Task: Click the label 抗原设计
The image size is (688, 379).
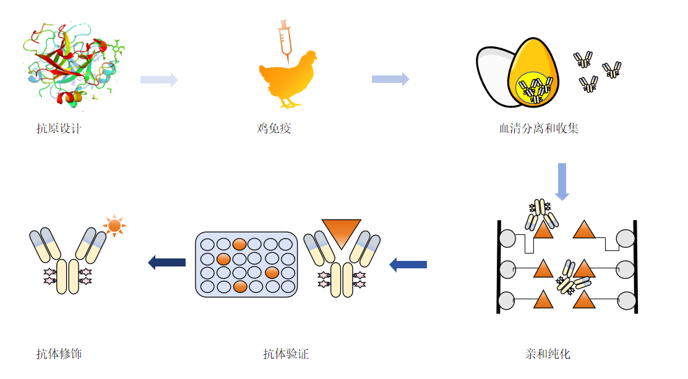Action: pyautogui.click(x=59, y=129)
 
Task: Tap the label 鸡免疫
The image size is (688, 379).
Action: pyautogui.click(x=273, y=129)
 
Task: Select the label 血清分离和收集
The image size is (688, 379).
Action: pyautogui.click(x=538, y=129)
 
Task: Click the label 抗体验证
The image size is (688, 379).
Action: pyautogui.click(x=285, y=354)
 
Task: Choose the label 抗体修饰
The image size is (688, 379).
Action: pyautogui.click(x=59, y=354)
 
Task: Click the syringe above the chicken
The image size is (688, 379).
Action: pyautogui.click(x=285, y=38)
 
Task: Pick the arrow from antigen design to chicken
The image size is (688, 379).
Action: pyautogui.click(x=159, y=79)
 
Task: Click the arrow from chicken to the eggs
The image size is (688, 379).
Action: pyautogui.click(x=390, y=79)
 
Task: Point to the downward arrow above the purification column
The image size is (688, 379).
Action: pyautogui.click(x=562, y=181)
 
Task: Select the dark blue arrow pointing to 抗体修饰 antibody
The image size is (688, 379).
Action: pyautogui.click(x=167, y=263)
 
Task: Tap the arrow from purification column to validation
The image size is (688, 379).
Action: pyautogui.click(x=408, y=265)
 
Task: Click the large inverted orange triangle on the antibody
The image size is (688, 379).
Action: pyautogui.click(x=341, y=232)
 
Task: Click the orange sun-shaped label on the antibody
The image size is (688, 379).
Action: pyautogui.click(x=114, y=225)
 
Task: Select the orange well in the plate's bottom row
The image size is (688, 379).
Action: pyautogui.click(x=240, y=286)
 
